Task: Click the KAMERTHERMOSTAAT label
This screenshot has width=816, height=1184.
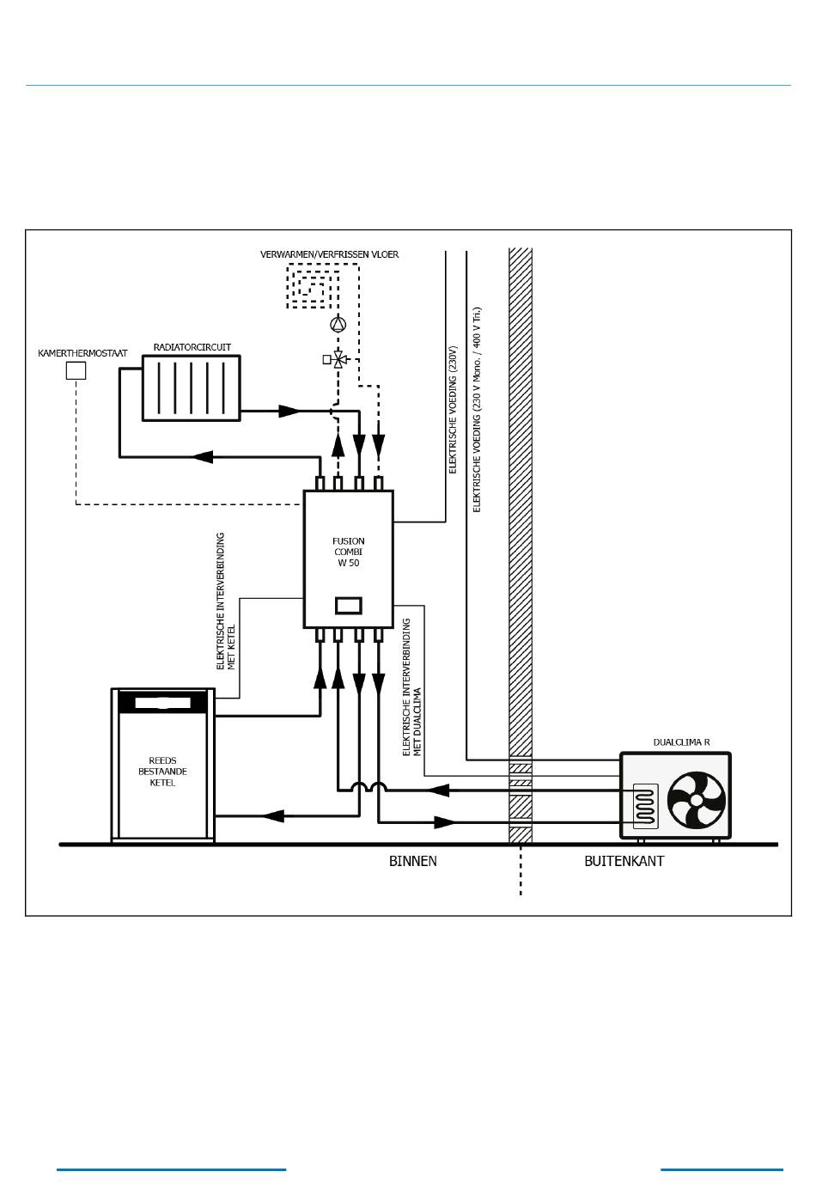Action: point(82,353)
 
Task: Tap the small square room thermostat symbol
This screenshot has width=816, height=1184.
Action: point(76,370)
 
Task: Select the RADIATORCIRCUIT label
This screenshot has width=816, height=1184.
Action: point(192,347)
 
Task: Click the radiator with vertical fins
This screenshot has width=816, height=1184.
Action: point(192,388)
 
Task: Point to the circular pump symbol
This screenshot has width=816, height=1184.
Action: point(338,324)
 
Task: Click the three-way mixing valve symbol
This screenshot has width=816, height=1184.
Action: point(338,359)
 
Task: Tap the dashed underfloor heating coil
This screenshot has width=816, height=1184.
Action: point(313,286)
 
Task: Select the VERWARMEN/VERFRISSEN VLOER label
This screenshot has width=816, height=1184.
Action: point(329,254)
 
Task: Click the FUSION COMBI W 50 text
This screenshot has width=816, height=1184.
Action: point(348,552)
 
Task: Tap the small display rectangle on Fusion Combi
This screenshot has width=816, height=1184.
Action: point(348,605)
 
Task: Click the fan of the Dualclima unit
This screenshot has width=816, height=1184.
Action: point(697,800)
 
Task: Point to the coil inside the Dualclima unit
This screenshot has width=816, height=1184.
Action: point(645,806)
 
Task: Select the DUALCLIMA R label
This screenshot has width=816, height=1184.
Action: point(681,742)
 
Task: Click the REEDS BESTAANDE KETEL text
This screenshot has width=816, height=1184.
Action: point(163,772)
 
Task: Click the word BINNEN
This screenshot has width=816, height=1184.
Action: point(413,861)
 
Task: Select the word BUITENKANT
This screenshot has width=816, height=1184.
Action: point(624,861)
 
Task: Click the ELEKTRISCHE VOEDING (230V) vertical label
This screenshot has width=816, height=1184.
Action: point(453,410)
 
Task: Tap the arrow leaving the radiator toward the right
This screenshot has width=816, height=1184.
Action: point(290,411)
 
